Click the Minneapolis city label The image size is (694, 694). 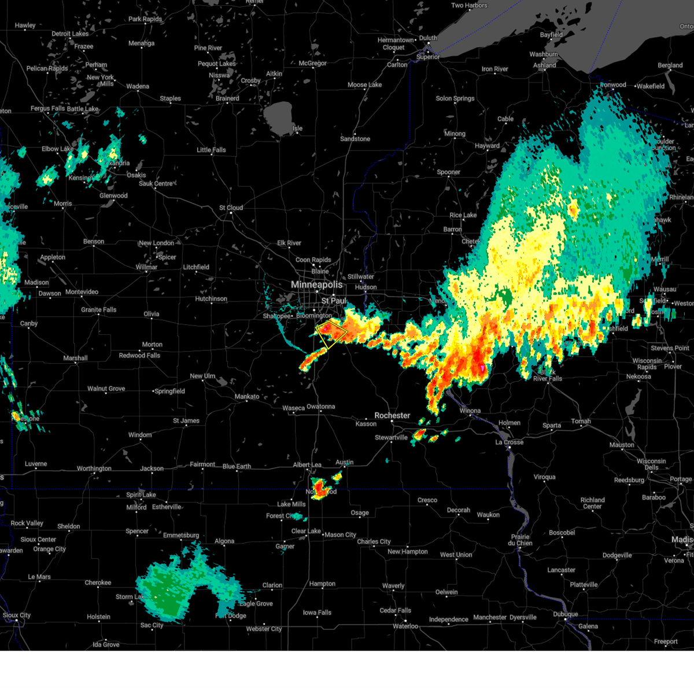(x=316, y=285)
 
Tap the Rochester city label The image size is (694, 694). (x=392, y=416)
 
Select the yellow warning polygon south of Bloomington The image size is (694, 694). (x=331, y=334)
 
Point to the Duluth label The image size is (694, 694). (x=428, y=38)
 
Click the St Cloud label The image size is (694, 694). (x=231, y=208)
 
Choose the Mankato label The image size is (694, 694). (x=247, y=397)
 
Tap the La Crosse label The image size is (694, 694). (x=509, y=442)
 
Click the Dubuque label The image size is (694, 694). (x=565, y=614)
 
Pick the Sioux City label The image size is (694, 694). (x=17, y=615)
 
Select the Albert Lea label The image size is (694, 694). (x=307, y=465)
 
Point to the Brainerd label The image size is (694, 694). (x=227, y=98)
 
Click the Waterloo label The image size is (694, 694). (x=405, y=626)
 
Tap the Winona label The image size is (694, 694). (x=470, y=411)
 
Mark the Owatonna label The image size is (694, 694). (x=320, y=407)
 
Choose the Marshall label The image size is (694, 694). (x=75, y=359)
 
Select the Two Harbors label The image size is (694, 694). (x=469, y=6)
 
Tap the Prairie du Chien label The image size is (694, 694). (x=520, y=540)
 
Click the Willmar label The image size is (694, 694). (x=146, y=267)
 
